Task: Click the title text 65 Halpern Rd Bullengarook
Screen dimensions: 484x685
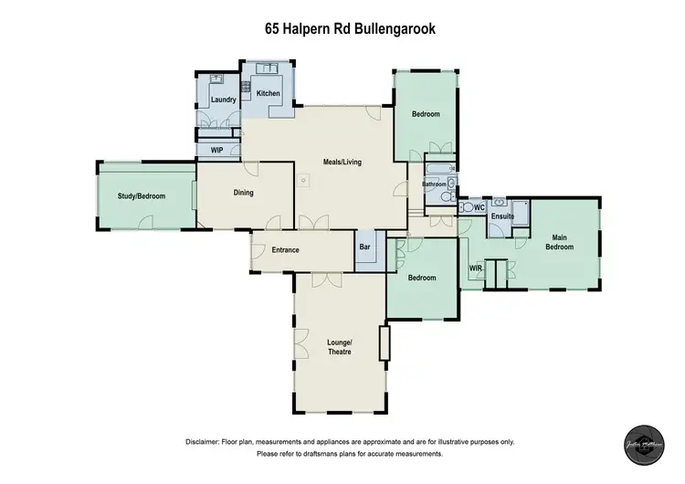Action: coord(343,29)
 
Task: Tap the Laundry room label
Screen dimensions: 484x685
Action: coord(224,100)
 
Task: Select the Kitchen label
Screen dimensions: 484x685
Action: coord(268,94)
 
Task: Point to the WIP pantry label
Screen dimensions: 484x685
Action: coord(217,150)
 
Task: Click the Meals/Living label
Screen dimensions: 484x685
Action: coord(342,163)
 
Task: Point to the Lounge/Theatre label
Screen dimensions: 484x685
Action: coord(339,347)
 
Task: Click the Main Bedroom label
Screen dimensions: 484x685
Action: coord(559,242)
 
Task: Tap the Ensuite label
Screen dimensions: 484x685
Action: coord(502,217)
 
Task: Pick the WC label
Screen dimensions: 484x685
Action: coord(479,208)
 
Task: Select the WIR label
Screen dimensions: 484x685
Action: coord(475,268)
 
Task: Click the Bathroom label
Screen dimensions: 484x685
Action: coord(434,184)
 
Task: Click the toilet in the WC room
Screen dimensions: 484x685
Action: coord(464,208)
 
